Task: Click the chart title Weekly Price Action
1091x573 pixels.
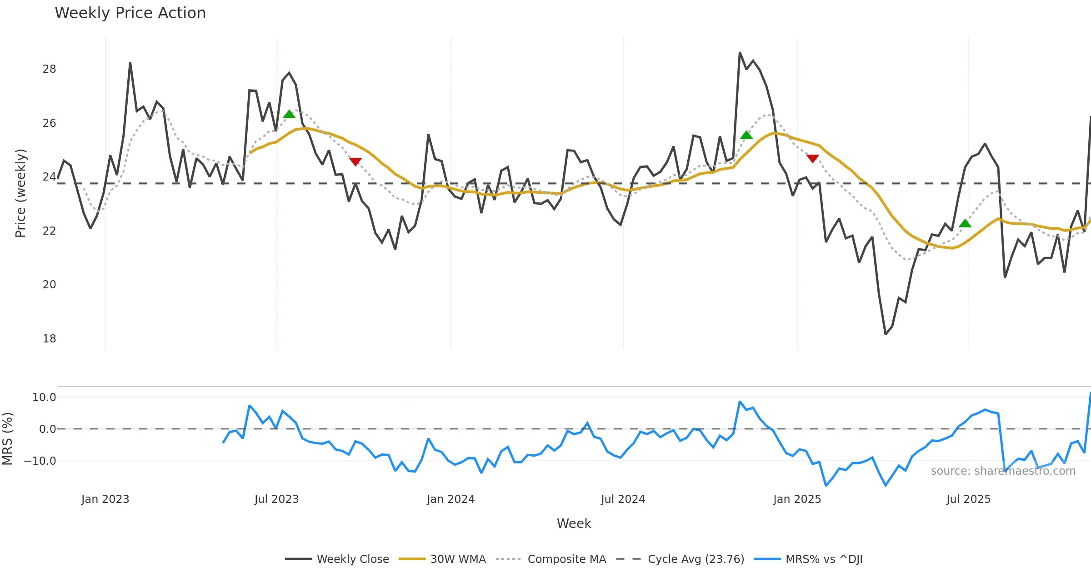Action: click(x=130, y=13)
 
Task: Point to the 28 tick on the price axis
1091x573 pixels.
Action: click(x=49, y=69)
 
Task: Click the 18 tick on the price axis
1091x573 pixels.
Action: click(x=49, y=339)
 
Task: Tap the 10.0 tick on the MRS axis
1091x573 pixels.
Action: click(x=44, y=397)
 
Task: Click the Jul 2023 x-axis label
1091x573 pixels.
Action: click(x=276, y=499)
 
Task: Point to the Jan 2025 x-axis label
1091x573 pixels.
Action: click(x=797, y=499)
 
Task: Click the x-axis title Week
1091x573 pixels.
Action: click(x=574, y=524)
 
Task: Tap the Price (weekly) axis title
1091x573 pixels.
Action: click(x=20, y=193)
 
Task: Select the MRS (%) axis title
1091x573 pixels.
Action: click(x=7, y=439)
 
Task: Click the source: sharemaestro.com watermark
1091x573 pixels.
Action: click(x=1003, y=471)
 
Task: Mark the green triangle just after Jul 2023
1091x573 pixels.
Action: click(x=289, y=114)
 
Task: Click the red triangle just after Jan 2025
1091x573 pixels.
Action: click(x=812, y=158)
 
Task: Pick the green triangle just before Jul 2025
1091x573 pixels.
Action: click(x=965, y=223)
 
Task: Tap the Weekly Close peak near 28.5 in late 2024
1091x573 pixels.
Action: click(x=740, y=53)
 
